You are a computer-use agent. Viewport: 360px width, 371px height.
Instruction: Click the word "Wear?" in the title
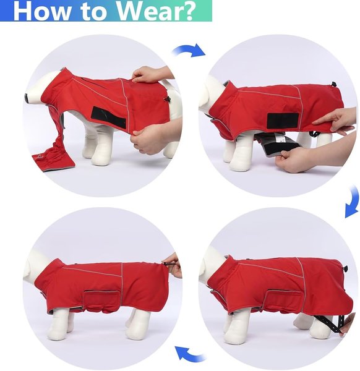pyautogui.click(x=156, y=11)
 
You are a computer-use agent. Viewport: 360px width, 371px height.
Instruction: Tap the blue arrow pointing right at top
pyautogui.click(x=189, y=50)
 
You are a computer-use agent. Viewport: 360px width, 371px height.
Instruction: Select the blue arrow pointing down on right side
pyautogui.click(x=352, y=202)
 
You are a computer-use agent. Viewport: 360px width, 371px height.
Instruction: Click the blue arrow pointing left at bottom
pyautogui.click(x=189, y=354)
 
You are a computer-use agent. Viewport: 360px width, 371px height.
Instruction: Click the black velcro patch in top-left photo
pyautogui.click(x=109, y=117)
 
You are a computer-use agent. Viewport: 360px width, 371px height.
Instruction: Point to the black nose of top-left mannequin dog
pyautogui.click(x=26, y=98)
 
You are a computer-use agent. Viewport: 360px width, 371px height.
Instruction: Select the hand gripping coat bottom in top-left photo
pyautogui.click(x=152, y=139)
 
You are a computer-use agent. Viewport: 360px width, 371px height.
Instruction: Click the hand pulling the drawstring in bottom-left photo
pyautogui.click(x=174, y=265)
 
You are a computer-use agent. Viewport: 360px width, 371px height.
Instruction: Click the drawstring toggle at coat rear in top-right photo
pyautogui.click(x=334, y=84)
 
